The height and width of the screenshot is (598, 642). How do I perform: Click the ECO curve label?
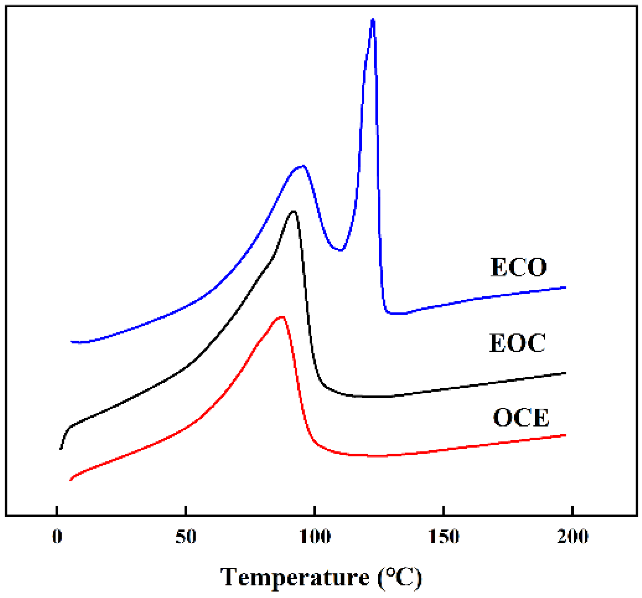[518, 267]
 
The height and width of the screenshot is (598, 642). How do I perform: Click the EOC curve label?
[517, 343]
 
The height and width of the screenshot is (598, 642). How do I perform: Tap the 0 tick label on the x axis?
[57, 537]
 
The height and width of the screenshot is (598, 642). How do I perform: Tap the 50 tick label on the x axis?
[186, 537]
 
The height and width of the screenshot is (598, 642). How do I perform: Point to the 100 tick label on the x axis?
[315, 537]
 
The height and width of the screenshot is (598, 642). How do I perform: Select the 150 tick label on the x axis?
[444, 537]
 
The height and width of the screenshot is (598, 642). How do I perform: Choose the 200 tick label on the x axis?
[572, 537]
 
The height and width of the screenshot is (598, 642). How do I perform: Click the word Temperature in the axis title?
[295, 577]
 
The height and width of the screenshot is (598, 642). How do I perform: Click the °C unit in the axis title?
[400, 577]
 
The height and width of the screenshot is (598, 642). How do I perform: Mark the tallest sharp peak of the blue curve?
[372, 20]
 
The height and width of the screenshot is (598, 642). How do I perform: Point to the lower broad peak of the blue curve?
[302, 166]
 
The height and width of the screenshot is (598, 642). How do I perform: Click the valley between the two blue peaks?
[340, 250]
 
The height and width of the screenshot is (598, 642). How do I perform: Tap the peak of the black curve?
[294, 212]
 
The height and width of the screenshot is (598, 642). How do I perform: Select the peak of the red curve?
[282, 316]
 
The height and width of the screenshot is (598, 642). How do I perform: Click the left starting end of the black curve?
[61, 449]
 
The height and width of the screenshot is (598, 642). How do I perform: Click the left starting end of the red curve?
[70, 480]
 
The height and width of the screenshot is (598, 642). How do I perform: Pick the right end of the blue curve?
[565, 287]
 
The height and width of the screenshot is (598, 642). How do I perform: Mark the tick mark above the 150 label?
[444, 511]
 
